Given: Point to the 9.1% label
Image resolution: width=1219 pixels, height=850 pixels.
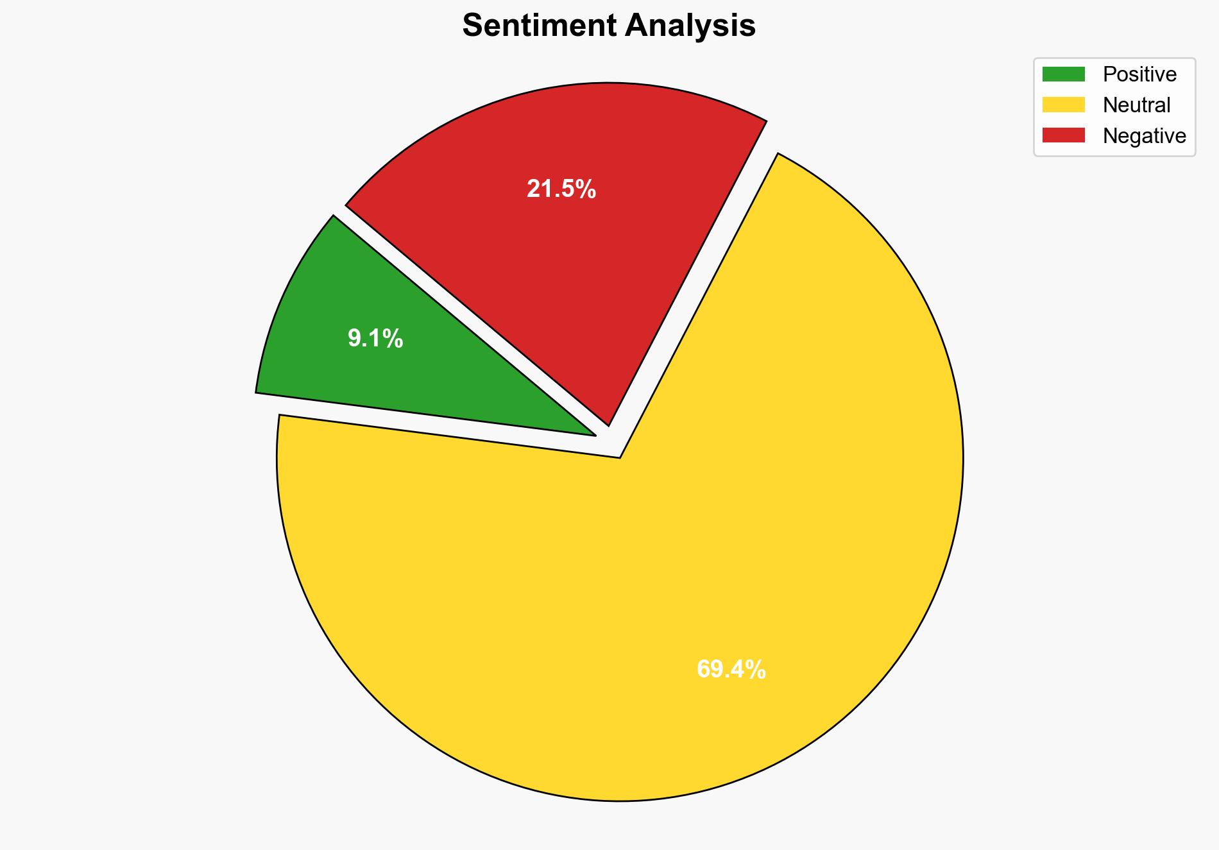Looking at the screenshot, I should tap(375, 339).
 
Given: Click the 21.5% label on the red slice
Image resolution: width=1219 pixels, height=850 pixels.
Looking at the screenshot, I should tap(561, 189).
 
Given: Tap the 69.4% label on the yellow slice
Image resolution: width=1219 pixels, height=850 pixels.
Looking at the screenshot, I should tap(731, 670).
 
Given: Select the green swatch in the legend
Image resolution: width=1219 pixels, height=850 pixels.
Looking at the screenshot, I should tap(1063, 74).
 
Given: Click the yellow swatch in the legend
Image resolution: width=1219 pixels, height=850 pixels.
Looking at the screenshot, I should tap(1063, 105).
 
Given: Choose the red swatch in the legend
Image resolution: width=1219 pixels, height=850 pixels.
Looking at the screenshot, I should tap(1063, 135).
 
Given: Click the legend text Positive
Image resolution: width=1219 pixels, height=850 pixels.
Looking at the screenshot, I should tap(1139, 74).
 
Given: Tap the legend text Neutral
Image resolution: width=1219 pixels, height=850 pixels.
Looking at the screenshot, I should tap(1136, 105).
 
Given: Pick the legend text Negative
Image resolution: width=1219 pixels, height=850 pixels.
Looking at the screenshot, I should tap(1144, 135).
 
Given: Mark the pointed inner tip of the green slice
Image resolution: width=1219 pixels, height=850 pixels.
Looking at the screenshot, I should tap(594, 435).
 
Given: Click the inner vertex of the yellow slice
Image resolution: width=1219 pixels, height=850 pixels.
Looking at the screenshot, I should tap(620, 457).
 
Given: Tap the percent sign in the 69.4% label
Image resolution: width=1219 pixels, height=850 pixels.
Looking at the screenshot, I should tap(755, 670).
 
